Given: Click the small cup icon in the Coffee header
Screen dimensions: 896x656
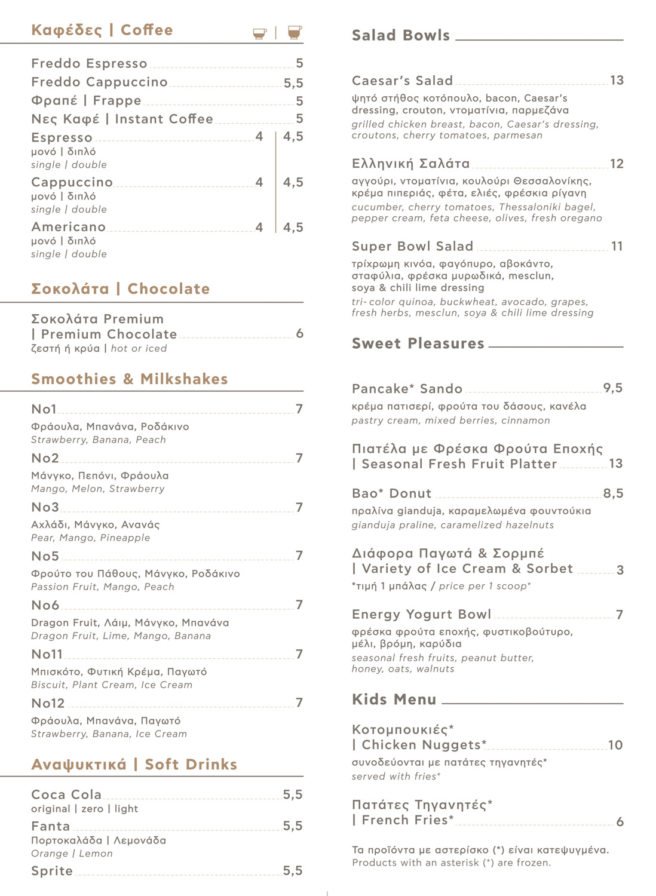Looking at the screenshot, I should pos(259,33).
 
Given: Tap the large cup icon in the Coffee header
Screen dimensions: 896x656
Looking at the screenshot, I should pos(294,32).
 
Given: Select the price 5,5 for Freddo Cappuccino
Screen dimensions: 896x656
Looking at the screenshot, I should pos(293,83).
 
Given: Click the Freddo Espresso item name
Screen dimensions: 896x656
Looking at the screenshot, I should pos(89,63).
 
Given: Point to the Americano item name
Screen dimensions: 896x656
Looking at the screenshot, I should pos(68,227).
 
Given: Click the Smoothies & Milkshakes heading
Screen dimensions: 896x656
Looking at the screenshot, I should pos(130,379).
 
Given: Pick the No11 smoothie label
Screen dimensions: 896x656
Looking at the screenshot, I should pos(47,654).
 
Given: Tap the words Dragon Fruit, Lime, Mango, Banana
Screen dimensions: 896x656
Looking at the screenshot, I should pos(121,636).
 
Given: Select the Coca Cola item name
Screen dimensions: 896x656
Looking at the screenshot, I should pos(66,794).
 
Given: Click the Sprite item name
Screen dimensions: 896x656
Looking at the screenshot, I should pos(52,871).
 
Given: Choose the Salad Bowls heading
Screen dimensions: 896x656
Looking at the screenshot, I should pos(401,35).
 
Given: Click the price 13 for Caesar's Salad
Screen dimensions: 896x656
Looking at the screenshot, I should pos(617,80).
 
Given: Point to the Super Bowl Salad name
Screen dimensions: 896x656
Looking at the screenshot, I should pos(412,246).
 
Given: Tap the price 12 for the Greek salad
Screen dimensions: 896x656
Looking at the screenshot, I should pos(617,164).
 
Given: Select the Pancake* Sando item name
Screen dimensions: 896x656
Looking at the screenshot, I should pos(407,389).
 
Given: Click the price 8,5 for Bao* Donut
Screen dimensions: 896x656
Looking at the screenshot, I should pos(613,493).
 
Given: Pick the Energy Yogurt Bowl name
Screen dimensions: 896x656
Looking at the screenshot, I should pos(421,615).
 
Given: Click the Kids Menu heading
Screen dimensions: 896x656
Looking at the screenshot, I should pos(394,699).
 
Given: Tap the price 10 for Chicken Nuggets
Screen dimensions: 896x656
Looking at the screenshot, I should pos(615,745).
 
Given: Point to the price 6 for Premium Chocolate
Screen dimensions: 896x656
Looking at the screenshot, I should pos(299,334).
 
